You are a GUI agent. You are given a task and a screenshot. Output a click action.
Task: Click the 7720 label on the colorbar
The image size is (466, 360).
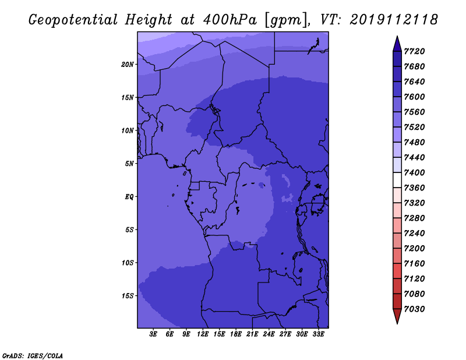tap(414, 51)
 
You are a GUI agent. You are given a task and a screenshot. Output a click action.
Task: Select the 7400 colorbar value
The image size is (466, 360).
tap(414, 172)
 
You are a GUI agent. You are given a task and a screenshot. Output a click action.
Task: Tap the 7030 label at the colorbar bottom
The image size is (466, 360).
tap(414, 309)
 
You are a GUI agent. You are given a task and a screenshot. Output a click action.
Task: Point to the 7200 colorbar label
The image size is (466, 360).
tap(414, 249)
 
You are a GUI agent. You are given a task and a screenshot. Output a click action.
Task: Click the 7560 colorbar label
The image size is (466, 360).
tap(414, 112)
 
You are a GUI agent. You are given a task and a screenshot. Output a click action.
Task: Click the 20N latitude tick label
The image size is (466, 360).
tap(128, 65)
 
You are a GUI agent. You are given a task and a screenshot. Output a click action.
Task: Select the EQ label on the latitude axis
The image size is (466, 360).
tap(129, 197)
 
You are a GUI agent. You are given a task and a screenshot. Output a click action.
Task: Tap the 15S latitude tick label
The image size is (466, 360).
tap(128, 296)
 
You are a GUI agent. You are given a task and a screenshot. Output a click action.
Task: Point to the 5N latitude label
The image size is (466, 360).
tap(129, 164)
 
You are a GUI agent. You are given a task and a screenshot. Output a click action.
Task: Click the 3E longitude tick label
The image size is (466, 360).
tap(153, 334)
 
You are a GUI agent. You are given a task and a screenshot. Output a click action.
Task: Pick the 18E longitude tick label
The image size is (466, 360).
tap(236, 334)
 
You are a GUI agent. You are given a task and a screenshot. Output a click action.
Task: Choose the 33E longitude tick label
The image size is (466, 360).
tap(318, 334)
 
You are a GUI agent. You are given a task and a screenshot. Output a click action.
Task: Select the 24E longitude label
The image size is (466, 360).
tap(269, 334)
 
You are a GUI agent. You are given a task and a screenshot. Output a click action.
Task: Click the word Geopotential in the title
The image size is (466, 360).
tap(73, 20)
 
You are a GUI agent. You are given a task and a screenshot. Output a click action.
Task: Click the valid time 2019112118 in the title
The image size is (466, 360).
tap(394, 20)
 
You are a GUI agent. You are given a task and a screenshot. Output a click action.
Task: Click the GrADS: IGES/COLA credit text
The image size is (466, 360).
tap(33, 356)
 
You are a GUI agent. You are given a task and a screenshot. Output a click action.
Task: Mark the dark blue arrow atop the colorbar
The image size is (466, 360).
tap(397, 44)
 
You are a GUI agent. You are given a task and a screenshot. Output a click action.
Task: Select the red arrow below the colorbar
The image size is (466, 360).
tap(397, 316)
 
